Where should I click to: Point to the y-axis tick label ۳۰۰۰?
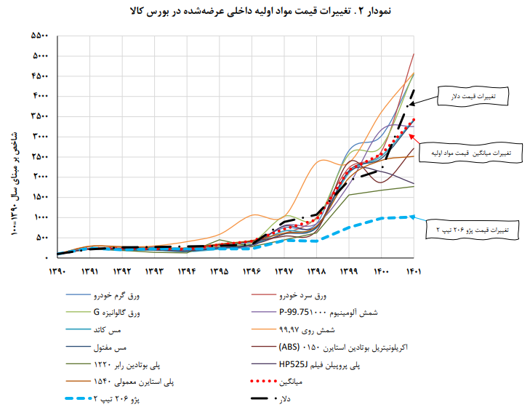point(40,137)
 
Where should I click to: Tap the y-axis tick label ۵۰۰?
point(42,238)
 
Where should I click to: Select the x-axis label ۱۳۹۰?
point(57,272)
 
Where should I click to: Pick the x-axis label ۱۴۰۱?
point(414,272)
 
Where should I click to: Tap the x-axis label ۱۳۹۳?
point(154,272)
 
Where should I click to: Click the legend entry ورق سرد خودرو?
point(302,296)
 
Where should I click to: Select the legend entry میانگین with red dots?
point(292,381)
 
